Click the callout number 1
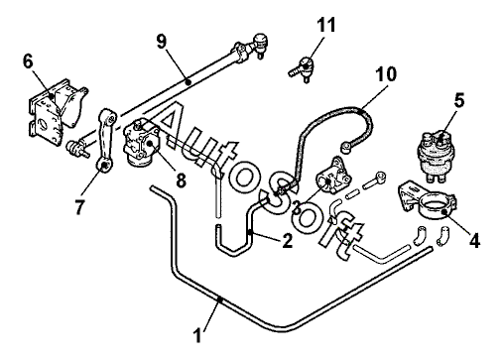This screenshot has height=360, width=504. (x=197, y=335)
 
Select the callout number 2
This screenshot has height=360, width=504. (x=287, y=241)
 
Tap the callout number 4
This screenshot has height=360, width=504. (x=474, y=240)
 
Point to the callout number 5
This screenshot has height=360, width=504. (x=459, y=100)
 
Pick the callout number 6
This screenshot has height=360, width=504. (x=29, y=61)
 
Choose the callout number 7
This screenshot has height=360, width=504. (x=78, y=207)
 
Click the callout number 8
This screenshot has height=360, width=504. (x=181, y=180)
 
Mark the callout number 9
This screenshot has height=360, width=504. (x=162, y=42)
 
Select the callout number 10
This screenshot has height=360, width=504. (x=386, y=74)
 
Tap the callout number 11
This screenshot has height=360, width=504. (x=326, y=25)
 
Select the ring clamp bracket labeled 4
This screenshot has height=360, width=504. (x=427, y=200)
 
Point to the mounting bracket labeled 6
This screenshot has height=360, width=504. (x=57, y=112)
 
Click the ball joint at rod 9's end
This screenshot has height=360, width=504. (x=260, y=44)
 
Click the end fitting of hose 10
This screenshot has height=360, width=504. (x=345, y=147)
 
